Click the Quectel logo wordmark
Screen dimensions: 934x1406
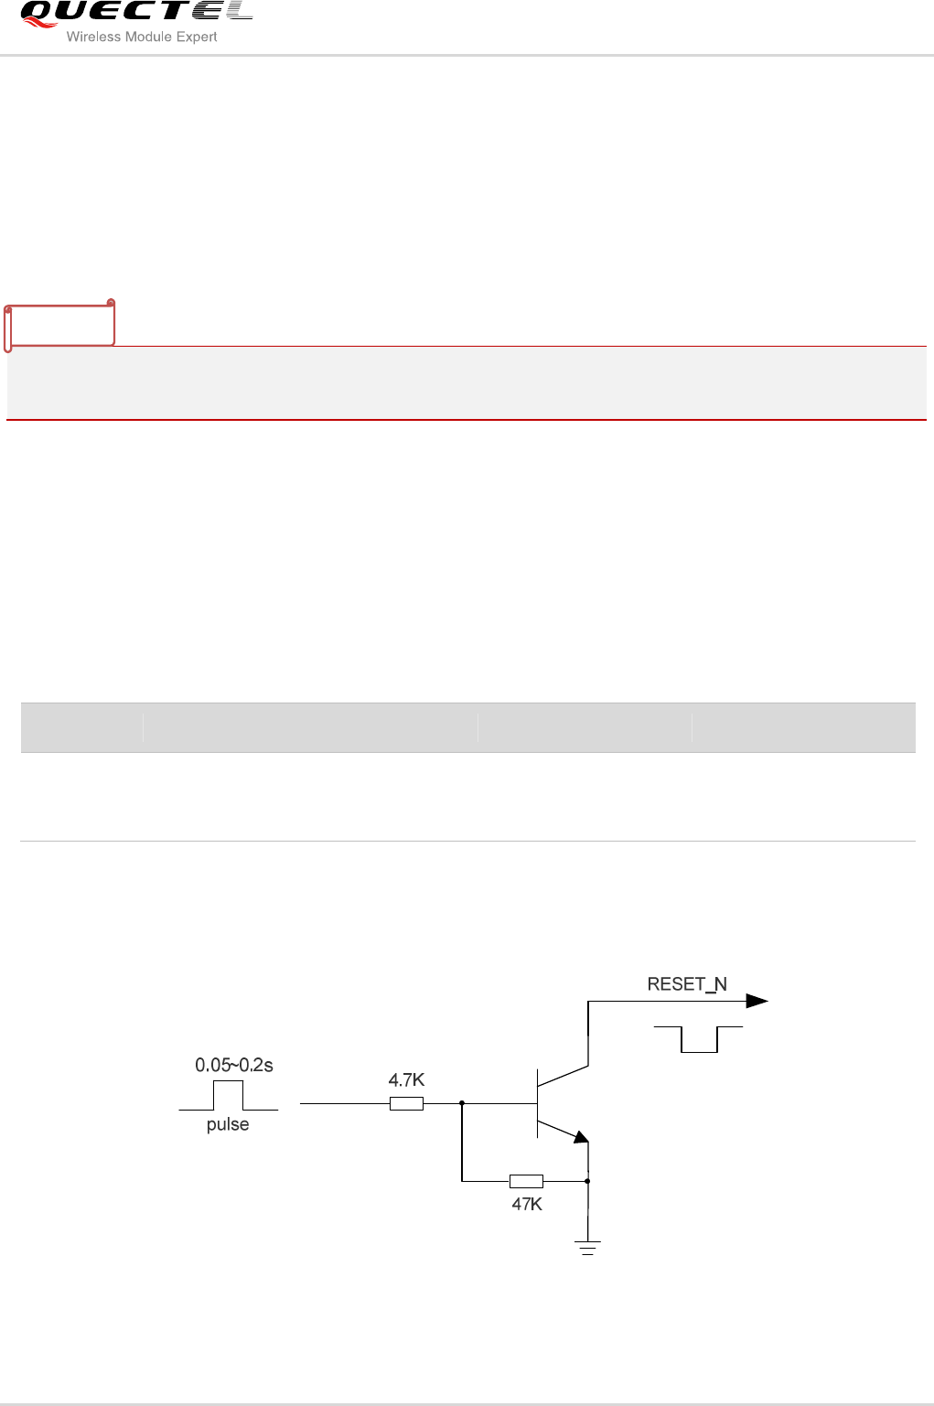pos(135,13)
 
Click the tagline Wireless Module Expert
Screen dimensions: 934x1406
pos(142,37)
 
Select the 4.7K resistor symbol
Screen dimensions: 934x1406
pos(406,1103)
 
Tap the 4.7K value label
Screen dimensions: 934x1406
pos(406,1080)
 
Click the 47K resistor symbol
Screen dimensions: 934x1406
pos(526,1181)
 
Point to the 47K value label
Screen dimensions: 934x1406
pos(527,1205)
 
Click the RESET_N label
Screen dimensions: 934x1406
pos(687,984)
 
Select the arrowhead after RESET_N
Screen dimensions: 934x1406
pos(757,1001)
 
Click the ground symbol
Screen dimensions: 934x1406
pos(587,1247)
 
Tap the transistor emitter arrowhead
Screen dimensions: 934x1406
pos(580,1137)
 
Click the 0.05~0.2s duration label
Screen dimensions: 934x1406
pos(234,1065)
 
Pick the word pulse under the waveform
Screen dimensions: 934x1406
pos(228,1124)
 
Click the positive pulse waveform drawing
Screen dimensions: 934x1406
pos(229,1096)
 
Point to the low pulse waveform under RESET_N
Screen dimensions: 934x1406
pos(699,1039)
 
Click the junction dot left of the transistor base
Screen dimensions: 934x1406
pos(462,1103)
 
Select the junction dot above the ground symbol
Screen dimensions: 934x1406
pos(587,1181)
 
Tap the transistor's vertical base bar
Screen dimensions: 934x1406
pos(538,1103)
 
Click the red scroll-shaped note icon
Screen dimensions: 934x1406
pos(60,324)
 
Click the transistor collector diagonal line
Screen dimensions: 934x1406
pos(563,1075)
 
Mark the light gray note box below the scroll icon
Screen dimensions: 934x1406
pos(467,383)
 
